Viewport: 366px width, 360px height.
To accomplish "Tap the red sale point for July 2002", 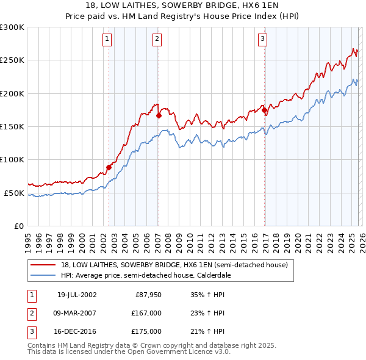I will click(x=109, y=167).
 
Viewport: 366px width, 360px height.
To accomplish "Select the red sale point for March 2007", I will click(x=159, y=115).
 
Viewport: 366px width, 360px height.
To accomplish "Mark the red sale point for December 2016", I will click(x=265, y=110).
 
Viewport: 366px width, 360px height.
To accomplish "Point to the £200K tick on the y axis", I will click(x=12, y=93).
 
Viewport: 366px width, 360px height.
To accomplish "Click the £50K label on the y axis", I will click(x=14, y=193).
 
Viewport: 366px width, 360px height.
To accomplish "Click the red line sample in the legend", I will click(x=43, y=265).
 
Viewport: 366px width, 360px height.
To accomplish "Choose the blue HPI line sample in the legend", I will click(x=43, y=275).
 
